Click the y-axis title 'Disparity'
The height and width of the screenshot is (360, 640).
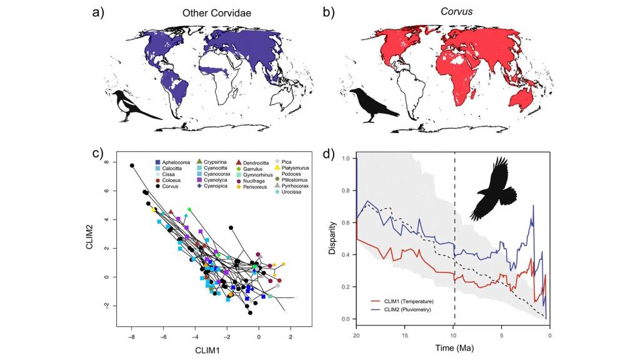point(333,238)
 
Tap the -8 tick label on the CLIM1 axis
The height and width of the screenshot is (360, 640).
point(131,336)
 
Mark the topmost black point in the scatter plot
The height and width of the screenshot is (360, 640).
point(132,166)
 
